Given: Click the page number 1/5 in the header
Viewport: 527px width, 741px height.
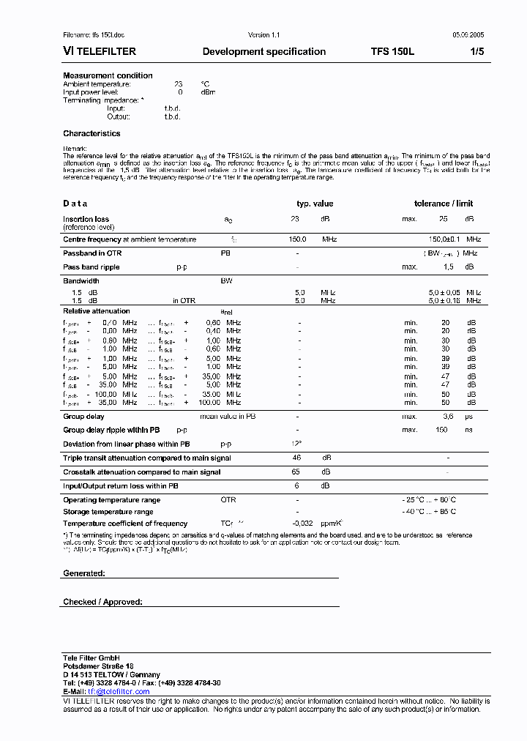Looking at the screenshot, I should tap(477, 51).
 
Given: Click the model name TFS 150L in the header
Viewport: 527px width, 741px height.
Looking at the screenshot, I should tap(392, 51).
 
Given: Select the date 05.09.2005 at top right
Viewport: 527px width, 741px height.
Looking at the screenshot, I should tap(467, 35).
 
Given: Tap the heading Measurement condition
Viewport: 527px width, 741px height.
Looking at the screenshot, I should tap(108, 75).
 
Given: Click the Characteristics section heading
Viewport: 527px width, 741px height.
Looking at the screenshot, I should tap(91, 133).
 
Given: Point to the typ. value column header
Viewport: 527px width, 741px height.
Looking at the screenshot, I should tap(315, 204).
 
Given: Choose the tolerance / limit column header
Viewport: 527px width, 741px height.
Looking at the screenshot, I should tap(444, 204).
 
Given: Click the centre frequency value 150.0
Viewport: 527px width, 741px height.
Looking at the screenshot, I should tap(297, 239).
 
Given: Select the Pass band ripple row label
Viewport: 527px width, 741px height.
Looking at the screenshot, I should tap(91, 267).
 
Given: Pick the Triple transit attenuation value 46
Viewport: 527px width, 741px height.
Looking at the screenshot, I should tap(296, 458).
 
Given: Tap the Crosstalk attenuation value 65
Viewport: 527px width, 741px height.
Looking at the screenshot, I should tap(296, 472).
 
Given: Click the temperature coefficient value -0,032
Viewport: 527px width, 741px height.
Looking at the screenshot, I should tap(302, 524).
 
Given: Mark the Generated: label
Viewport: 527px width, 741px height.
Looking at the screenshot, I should tap(84, 573).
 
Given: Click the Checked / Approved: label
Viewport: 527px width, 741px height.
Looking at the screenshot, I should tap(102, 602).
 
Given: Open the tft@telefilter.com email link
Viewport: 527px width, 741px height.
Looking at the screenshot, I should tap(119, 691).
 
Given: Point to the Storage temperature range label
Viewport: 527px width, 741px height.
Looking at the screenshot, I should tap(108, 512).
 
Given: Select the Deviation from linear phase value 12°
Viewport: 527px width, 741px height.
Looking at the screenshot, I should tap(297, 444).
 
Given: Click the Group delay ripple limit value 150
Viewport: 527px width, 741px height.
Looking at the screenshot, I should tap(441, 430).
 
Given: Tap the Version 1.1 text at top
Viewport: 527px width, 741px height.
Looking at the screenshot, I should tap(264, 35).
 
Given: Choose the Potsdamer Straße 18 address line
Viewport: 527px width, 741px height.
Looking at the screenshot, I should tap(98, 666).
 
